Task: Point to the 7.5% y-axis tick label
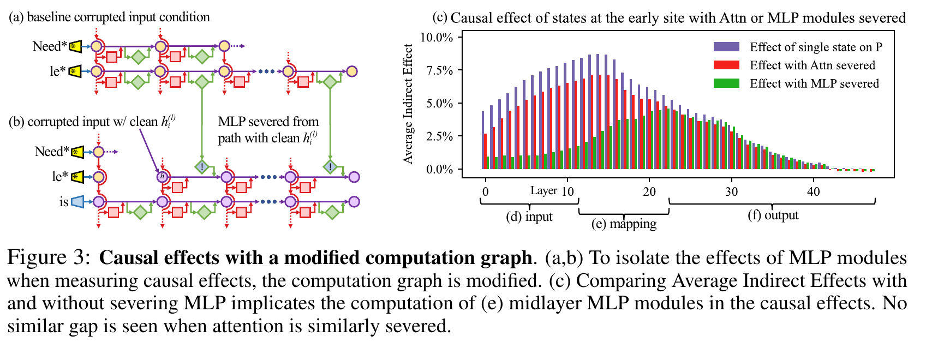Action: click(439, 70)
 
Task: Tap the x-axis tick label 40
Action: click(814, 191)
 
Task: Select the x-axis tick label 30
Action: click(731, 191)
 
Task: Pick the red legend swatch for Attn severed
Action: click(726, 65)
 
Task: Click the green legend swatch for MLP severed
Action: click(726, 83)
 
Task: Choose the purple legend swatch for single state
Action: click(726, 46)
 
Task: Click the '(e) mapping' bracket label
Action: click(624, 224)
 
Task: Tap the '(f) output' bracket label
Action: click(773, 215)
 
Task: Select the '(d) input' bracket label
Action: click(529, 217)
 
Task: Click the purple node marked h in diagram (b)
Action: click(162, 177)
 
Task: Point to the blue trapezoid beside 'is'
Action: click(77, 202)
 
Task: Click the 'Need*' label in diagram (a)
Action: click(50, 46)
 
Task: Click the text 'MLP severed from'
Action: click(268, 122)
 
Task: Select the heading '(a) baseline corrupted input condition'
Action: click(109, 17)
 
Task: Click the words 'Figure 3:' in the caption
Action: click(49, 257)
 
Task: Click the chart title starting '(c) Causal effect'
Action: click(669, 18)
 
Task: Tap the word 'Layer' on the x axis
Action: click(544, 191)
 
